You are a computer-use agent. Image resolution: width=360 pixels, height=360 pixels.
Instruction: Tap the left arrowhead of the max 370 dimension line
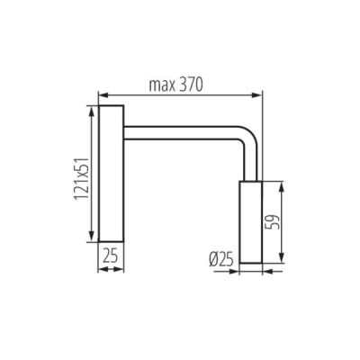pos(102,94)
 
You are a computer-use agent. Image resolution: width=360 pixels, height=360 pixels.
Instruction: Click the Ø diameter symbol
pos(212,259)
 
